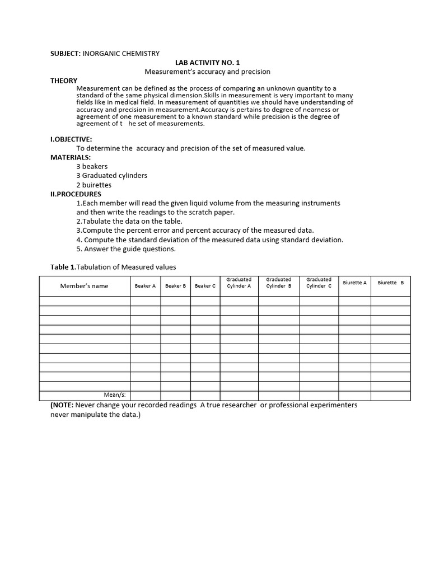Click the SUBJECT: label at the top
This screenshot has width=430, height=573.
coord(66,54)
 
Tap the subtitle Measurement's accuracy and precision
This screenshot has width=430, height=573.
coord(207,72)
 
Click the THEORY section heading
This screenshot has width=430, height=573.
coord(64,81)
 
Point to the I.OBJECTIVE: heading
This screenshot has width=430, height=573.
coord(71,139)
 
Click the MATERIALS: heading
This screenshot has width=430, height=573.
coord(71,157)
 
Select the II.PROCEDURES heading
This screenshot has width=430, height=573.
coord(76,194)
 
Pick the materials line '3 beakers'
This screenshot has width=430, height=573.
coord(92,166)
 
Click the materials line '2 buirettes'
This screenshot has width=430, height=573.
coord(94,185)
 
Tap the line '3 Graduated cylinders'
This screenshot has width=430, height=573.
coord(111,175)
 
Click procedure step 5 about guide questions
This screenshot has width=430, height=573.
coord(126,249)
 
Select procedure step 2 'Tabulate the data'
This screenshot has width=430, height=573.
coord(129,221)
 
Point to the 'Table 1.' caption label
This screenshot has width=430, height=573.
coord(63,267)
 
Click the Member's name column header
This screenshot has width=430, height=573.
coord(84,286)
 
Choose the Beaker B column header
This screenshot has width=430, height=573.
coord(175,286)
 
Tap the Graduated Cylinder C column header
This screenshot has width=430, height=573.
coord(319,283)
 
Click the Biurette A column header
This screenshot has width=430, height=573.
coord(354,283)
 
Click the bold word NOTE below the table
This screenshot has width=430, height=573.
coord(63,405)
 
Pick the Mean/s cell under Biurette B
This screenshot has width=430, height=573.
coord(390,396)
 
